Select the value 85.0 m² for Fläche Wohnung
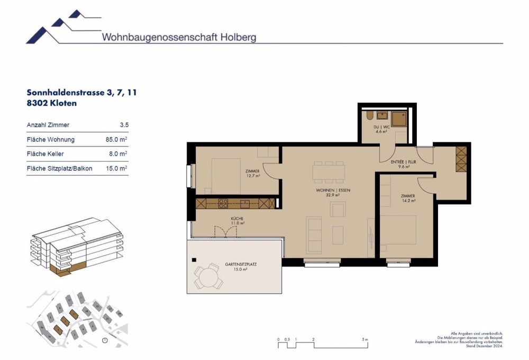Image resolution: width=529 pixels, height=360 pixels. (116, 140)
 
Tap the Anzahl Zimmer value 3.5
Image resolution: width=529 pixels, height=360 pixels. (124, 125)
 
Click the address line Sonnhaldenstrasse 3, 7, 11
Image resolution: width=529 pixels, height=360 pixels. (82, 92)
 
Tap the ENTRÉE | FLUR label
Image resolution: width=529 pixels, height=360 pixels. (404, 164)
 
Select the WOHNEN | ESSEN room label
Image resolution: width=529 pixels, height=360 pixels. (333, 192)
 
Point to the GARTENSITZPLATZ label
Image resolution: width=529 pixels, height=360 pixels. (244, 266)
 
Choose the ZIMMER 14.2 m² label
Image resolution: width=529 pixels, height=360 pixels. (408, 198)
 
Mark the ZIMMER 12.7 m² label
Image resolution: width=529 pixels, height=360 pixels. (252, 173)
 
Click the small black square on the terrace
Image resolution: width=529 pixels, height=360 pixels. (195, 260)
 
